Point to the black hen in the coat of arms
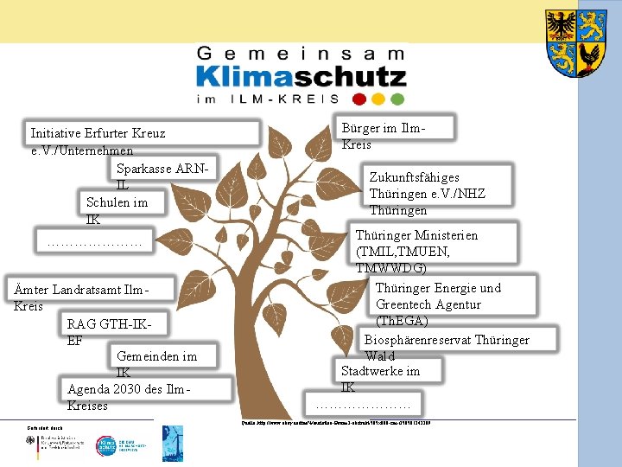590,59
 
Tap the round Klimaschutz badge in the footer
105,444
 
